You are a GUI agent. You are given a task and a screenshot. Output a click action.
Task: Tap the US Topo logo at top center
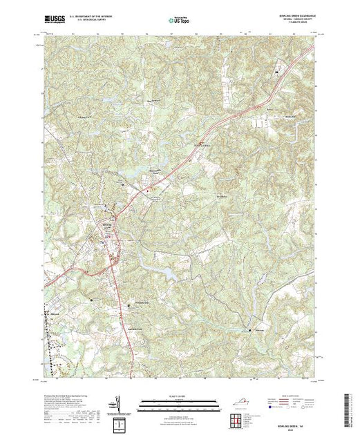(179, 21)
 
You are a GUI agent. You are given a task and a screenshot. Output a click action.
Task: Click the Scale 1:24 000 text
(179, 396)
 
